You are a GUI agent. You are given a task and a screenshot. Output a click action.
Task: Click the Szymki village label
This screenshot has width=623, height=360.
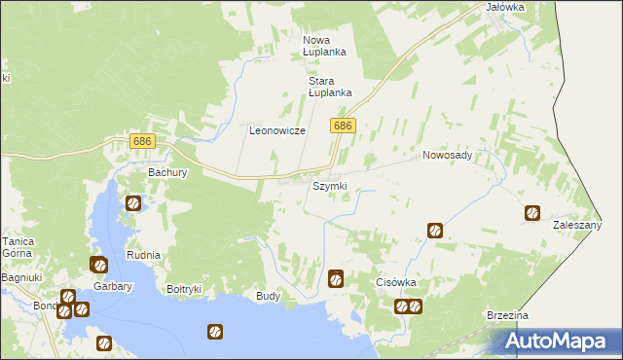point(329,186)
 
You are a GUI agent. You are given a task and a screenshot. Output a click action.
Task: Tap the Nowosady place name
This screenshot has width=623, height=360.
point(447,155)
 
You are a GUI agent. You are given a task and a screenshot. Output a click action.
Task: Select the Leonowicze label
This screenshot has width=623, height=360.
point(277,130)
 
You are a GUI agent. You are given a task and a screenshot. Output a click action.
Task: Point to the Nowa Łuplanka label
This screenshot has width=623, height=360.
point(324,46)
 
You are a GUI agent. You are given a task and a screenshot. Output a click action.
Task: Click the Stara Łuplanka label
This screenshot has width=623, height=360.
point(329,87)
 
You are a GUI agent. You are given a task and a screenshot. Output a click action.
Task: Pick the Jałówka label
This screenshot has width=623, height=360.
point(504,7)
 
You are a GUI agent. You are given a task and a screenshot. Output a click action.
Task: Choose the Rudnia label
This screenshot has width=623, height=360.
point(143,255)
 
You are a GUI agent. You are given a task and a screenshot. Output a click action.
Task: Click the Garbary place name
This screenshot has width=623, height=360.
point(113,287)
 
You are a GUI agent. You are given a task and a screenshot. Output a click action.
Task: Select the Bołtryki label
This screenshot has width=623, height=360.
point(184,288)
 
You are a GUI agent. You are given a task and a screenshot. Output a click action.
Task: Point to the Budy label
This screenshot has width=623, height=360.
point(268,295)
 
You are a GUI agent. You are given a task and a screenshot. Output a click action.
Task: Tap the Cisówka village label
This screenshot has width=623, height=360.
point(396,282)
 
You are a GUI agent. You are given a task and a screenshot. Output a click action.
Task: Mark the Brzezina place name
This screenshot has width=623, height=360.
point(507,316)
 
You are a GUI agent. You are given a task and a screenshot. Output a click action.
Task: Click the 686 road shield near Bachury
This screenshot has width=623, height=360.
point(143,142)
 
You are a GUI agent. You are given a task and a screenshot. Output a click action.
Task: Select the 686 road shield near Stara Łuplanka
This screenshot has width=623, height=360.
point(343,126)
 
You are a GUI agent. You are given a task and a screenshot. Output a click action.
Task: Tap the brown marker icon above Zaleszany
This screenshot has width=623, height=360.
point(532,213)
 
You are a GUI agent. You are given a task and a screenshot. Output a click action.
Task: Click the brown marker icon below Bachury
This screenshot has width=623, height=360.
point(133,204)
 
